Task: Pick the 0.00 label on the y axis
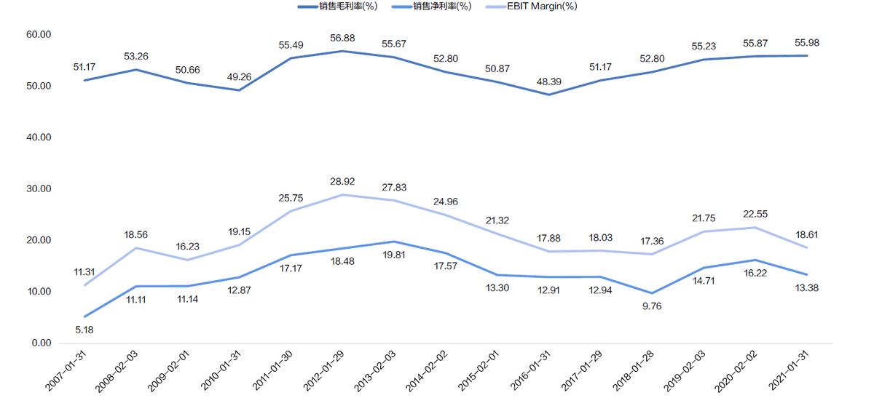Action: coord(39,343)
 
